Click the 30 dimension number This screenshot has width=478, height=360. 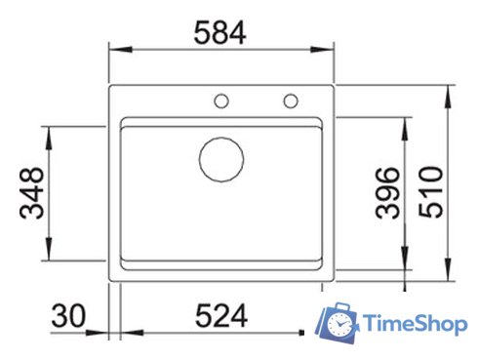71,316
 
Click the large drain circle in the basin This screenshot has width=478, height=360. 220,158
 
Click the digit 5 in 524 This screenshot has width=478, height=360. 200,316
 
